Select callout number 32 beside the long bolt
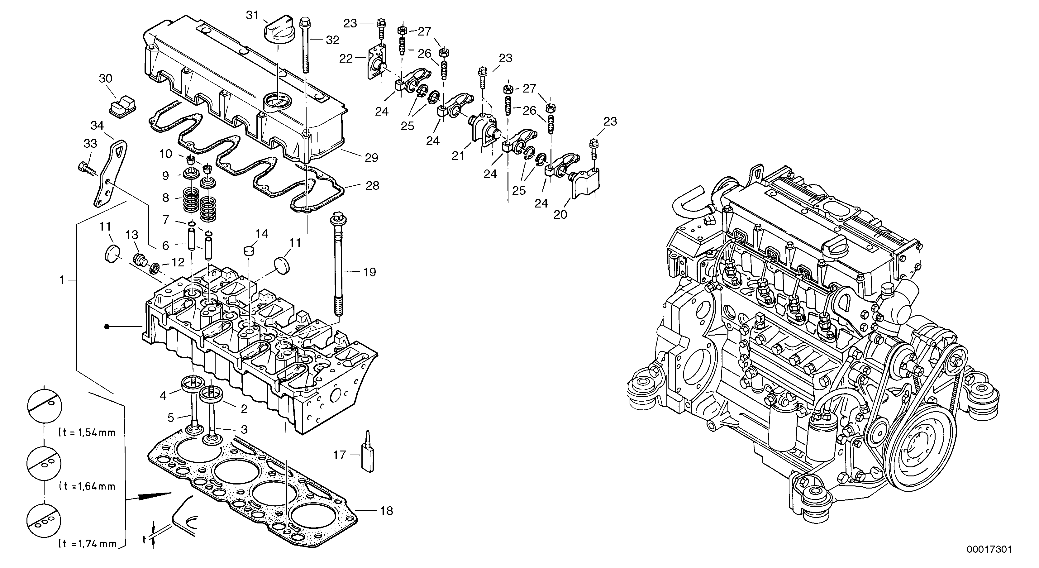332,40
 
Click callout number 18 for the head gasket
386,511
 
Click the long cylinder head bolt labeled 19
338,266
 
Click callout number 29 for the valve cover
371,158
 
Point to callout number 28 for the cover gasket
372,186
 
